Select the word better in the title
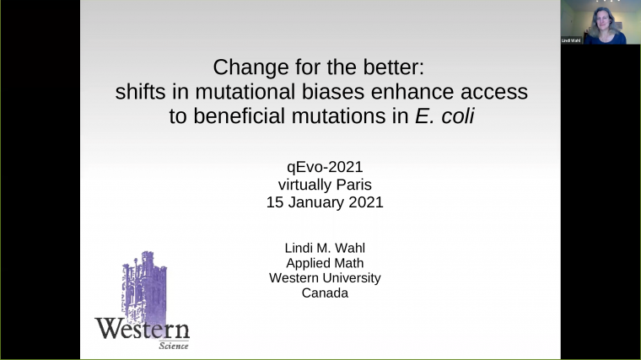click(x=400, y=67)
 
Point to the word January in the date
click(x=331, y=202)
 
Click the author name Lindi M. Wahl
click(x=325, y=246)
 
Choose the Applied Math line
click(x=325, y=262)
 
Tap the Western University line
click(x=325, y=277)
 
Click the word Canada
click(x=325, y=293)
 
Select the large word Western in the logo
click(x=142, y=328)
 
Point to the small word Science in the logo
click(x=173, y=345)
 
